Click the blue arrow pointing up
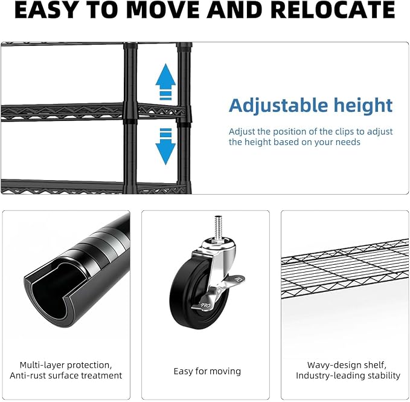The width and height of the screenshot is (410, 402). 165,82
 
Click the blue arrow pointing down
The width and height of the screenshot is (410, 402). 165,146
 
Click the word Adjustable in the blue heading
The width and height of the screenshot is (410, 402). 278,106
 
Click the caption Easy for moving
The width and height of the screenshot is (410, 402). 207,371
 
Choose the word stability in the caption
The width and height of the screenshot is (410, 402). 384,375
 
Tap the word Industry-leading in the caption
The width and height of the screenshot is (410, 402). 330,375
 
